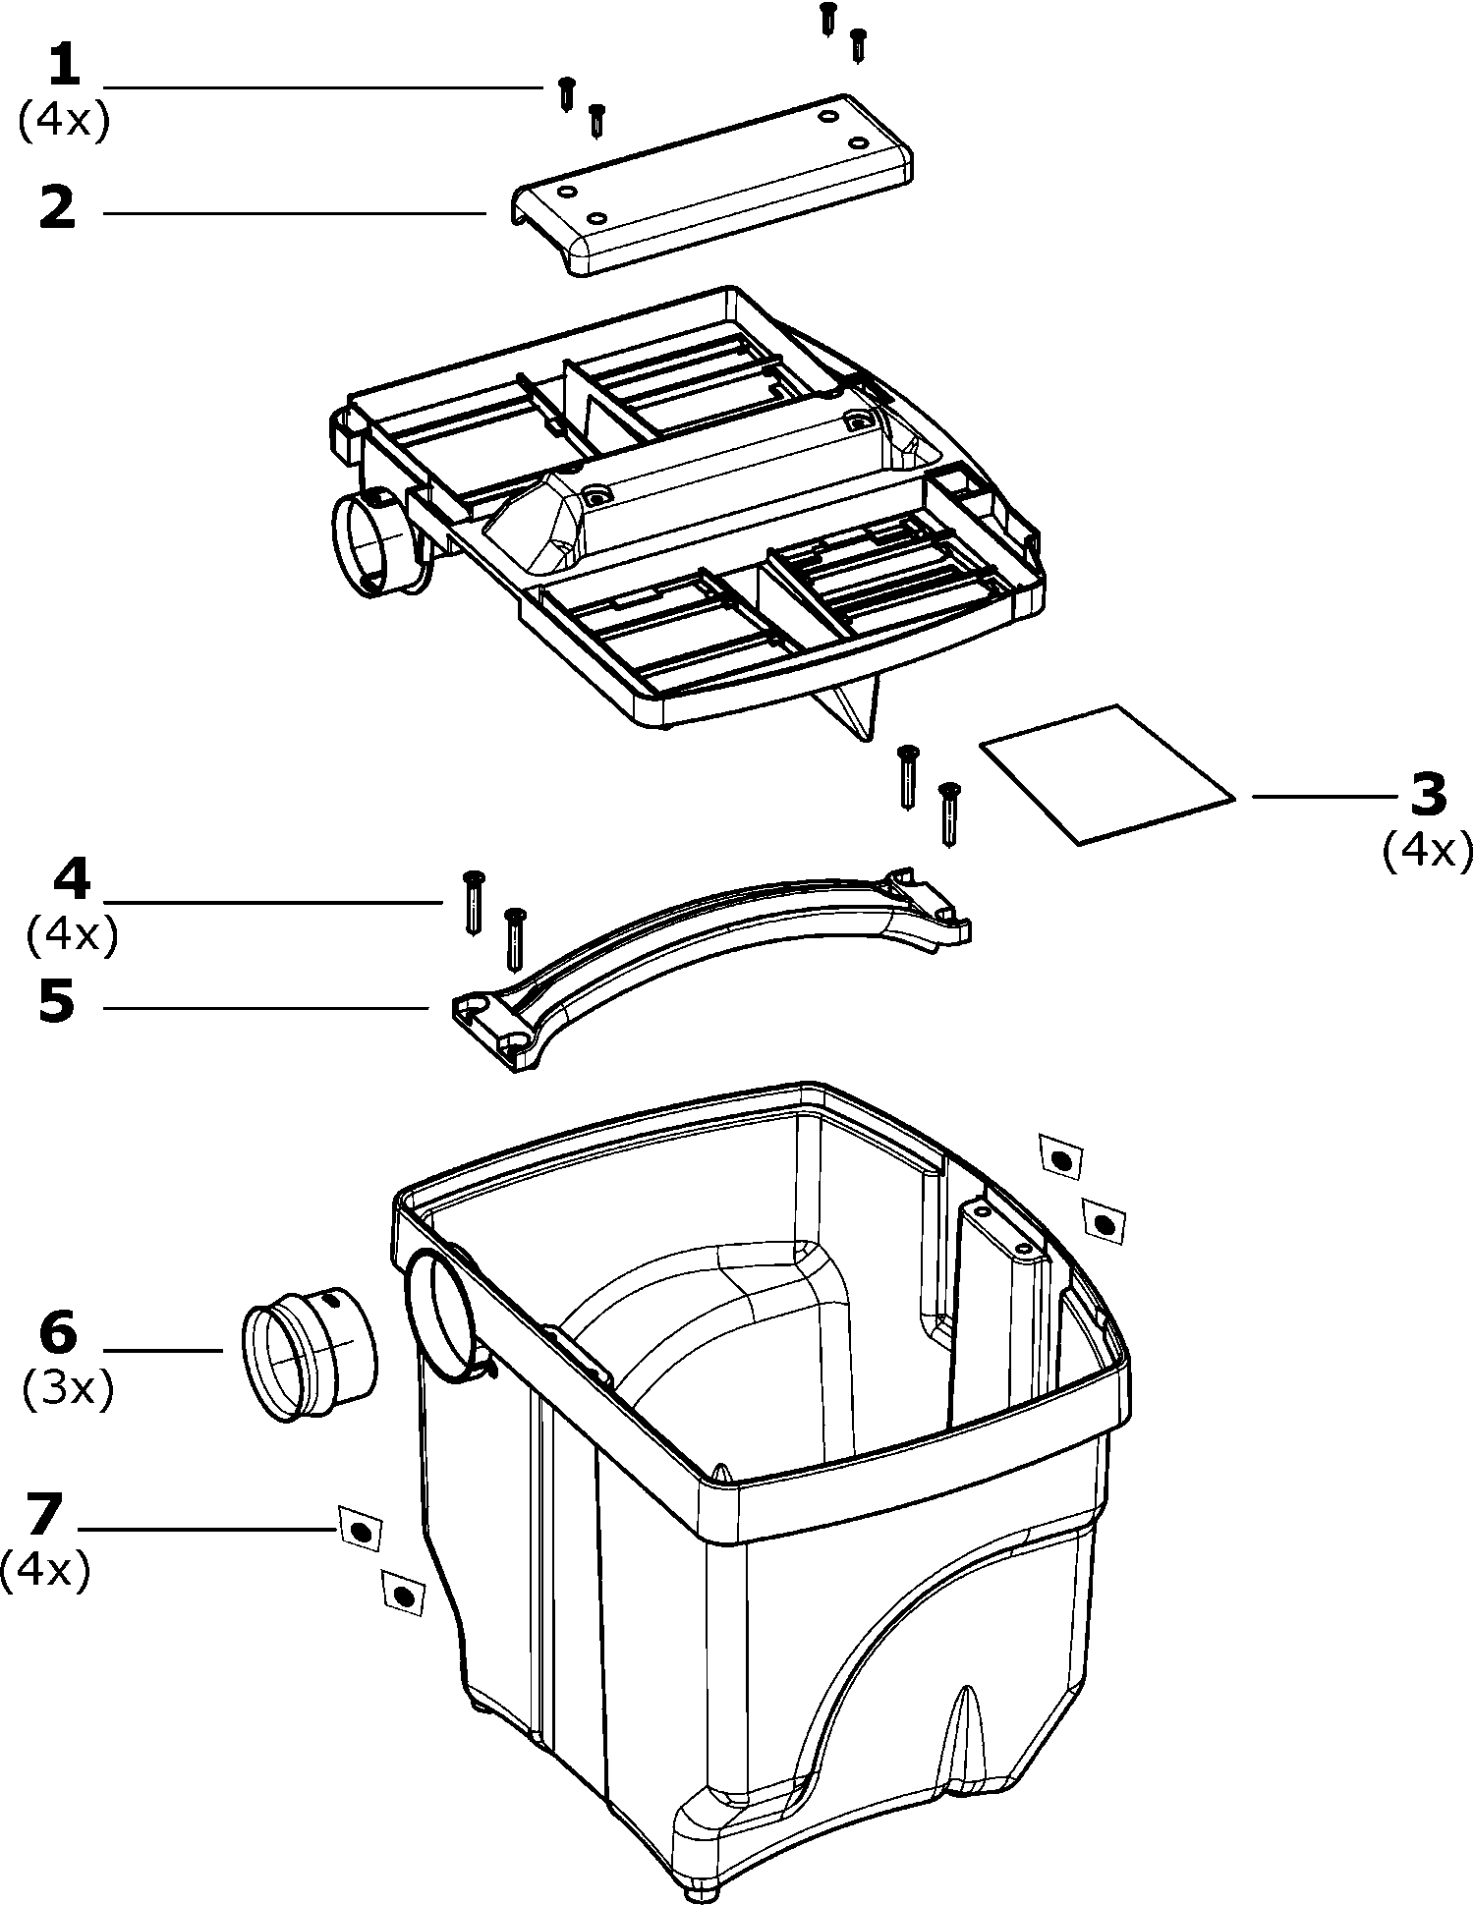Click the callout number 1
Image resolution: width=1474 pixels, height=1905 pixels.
(64, 68)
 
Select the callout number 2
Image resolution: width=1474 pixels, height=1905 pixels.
(58, 209)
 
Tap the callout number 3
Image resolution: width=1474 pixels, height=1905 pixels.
(1428, 795)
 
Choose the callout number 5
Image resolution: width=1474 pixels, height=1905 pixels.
(57, 1003)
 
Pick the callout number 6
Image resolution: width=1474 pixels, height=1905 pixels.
(58, 1333)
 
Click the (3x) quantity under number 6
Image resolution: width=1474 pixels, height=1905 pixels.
(67, 1388)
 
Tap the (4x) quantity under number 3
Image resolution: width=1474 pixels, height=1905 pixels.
(1428, 850)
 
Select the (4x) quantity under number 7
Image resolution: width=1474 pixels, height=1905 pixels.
(45, 1569)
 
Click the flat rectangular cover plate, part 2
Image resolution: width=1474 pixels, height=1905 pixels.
(712, 186)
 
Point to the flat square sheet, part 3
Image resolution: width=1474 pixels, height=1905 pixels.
(1106, 772)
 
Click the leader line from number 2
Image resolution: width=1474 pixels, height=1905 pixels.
(295, 212)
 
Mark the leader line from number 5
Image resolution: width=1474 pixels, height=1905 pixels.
(265, 1007)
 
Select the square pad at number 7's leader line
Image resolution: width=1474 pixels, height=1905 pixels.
(360, 1531)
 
